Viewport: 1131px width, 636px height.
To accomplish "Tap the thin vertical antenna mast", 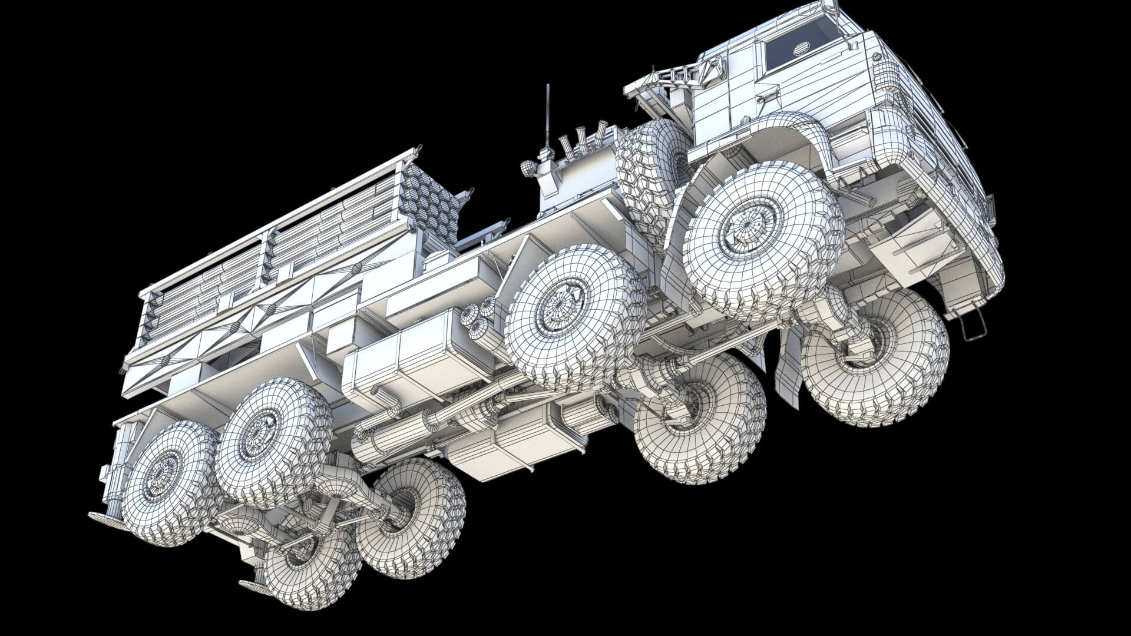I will click(548, 115).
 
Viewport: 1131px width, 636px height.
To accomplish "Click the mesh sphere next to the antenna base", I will click(528, 168).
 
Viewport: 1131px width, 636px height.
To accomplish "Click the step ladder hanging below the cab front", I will click(973, 327).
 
